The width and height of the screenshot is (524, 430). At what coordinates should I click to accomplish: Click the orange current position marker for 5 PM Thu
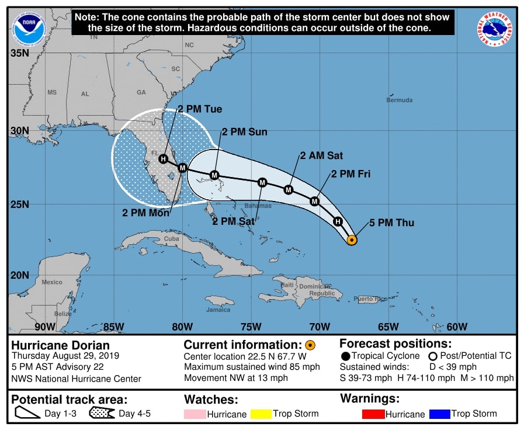(352, 240)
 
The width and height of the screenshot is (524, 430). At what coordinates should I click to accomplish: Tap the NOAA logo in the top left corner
(30, 27)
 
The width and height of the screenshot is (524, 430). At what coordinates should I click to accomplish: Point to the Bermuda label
(400, 100)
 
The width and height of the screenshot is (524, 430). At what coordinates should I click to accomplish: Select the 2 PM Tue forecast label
(200, 109)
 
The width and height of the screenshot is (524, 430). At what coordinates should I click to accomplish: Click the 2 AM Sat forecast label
(321, 155)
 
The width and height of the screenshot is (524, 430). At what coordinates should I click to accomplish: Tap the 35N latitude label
(19, 53)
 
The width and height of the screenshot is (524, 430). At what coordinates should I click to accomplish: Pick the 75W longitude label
(251, 326)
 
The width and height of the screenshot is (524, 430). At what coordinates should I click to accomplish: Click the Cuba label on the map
(171, 239)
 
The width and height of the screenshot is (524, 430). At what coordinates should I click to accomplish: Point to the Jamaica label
(218, 310)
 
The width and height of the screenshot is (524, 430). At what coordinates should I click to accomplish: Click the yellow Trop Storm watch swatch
(261, 414)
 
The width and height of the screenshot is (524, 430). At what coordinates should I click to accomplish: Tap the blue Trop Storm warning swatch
(439, 414)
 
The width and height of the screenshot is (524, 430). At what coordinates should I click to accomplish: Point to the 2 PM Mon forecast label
(146, 213)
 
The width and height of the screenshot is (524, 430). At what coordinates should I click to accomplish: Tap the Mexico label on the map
(52, 282)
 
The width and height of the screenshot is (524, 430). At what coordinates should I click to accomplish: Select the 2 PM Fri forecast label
(351, 174)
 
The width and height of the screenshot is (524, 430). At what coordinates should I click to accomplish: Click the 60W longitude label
(457, 326)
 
